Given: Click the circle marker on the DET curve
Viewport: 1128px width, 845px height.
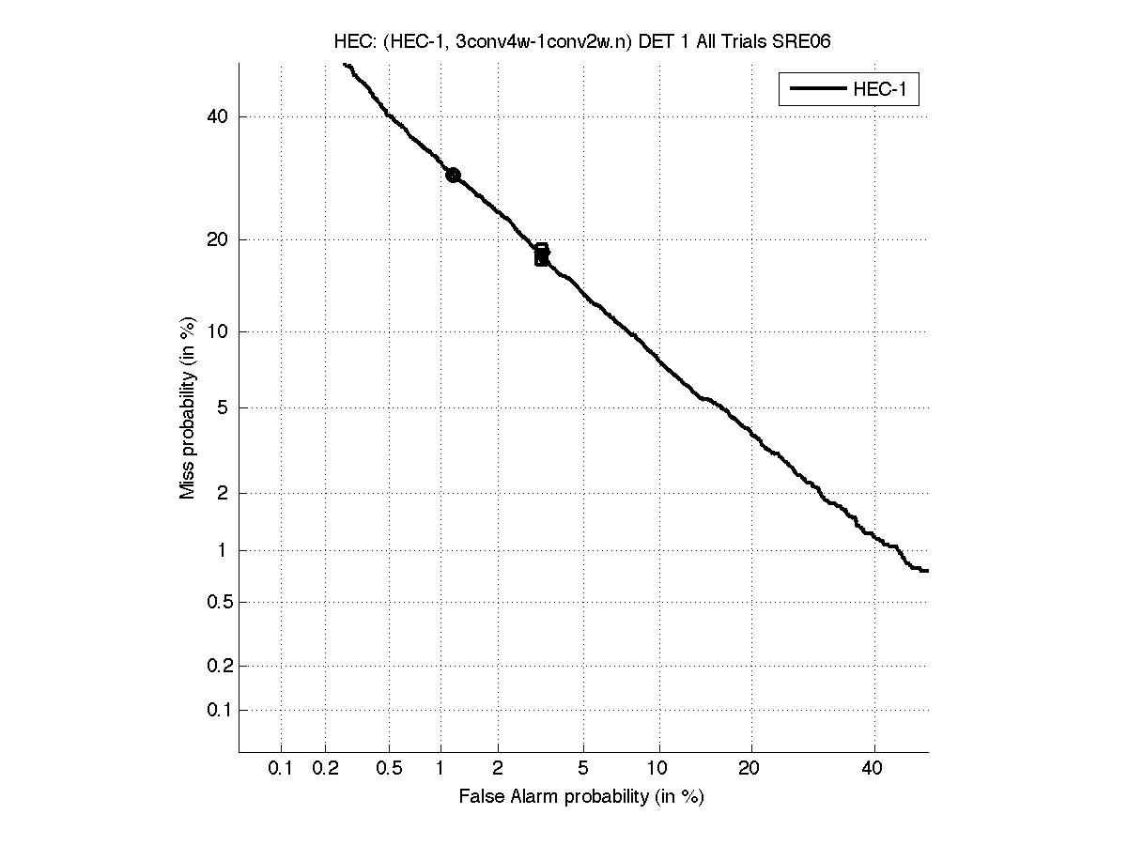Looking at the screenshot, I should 453,175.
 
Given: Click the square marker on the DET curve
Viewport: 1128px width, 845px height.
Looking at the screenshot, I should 542,254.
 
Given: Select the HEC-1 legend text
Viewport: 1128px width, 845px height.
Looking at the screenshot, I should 881,90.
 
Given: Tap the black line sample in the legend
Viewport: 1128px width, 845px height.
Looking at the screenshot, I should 816,90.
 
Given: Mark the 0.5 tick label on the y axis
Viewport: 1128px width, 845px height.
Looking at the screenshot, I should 216,602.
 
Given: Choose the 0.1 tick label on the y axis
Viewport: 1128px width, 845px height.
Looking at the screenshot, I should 216,710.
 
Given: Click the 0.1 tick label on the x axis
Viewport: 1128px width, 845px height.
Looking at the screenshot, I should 281,769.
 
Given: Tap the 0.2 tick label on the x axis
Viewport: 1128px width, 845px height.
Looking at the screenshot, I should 325,769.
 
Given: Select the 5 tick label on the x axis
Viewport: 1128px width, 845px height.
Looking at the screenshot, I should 583,769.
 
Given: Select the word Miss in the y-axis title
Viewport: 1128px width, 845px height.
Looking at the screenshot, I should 188,480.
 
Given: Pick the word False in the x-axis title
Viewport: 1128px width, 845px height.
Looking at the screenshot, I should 481,797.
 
